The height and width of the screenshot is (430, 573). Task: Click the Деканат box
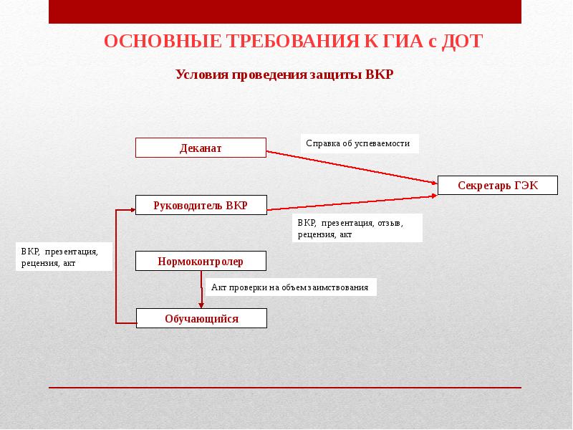pos(201,148)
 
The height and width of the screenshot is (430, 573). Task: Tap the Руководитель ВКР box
pos(201,205)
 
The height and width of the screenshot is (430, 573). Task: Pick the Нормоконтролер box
pos(201,262)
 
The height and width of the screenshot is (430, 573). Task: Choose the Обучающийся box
pos(201,318)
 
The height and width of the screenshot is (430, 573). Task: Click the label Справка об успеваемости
pos(358,143)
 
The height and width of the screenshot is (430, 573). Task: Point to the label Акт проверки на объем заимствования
pos(290,287)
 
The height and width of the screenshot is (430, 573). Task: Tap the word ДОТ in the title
pos(462,41)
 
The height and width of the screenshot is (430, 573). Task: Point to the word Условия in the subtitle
pos(201,75)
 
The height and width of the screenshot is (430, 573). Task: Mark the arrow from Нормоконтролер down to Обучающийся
pos(201,290)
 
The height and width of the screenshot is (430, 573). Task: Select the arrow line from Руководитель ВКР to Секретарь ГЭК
pos(351,202)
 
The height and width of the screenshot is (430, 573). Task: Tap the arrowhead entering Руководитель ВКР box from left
pos(130,210)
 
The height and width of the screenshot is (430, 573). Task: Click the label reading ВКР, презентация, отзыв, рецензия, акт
pos(357,228)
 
